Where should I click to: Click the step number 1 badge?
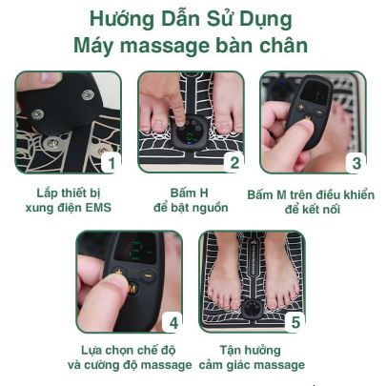[x=111, y=163]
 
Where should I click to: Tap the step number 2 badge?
[x=234, y=163]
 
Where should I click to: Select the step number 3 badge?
[x=356, y=163]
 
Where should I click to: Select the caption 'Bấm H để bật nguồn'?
[x=192, y=199]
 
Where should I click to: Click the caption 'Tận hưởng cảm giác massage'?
[x=253, y=357]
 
